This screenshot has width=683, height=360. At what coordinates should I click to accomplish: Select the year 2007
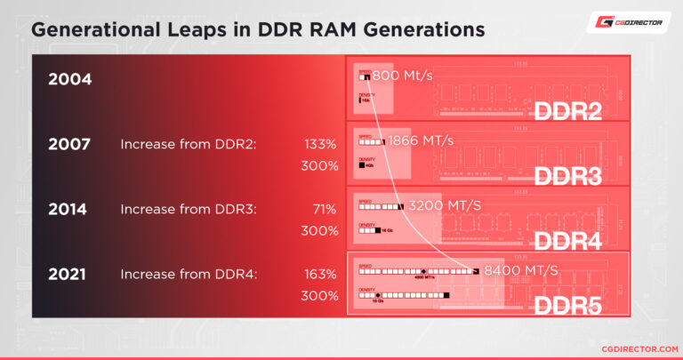coord(69,144)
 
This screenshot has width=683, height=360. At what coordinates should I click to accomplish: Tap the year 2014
coord(68,210)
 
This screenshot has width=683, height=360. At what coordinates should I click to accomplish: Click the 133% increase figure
coord(320,144)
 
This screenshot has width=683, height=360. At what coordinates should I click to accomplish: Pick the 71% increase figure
coord(324,210)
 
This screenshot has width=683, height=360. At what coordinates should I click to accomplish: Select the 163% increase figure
coord(320,275)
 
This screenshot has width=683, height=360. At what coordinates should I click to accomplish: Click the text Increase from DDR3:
coord(189,210)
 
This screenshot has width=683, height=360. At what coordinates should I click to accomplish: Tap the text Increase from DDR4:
coord(189,275)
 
